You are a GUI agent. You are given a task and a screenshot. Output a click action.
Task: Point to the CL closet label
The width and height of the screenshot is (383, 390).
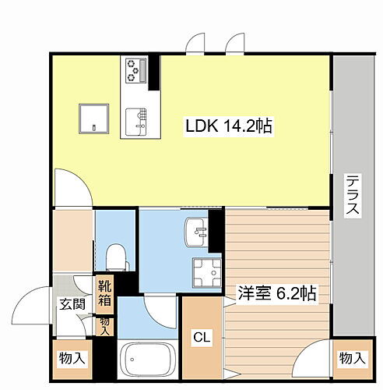tap(202, 337)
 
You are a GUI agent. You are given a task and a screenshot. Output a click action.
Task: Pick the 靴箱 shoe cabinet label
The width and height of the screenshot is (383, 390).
tap(105, 292)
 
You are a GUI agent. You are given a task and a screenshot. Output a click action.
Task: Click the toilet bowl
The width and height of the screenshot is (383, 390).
tap(115, 255)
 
